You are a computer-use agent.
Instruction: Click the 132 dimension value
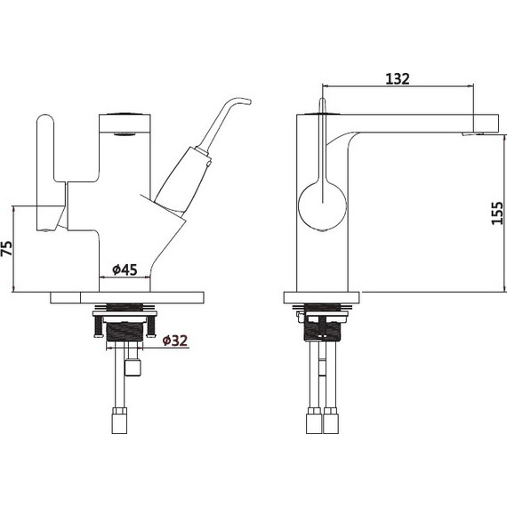click(398, 79)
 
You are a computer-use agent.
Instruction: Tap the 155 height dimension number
click(497, 213)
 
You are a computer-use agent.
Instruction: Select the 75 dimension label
click(7, 248)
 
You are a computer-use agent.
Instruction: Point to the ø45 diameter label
click(125, 270)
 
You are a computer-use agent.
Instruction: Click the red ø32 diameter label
click(175, 341)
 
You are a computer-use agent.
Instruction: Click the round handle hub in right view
click(322, 206)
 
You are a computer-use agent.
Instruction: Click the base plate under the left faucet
click(127, 298)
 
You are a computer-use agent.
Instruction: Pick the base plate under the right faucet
click(322, 298)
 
